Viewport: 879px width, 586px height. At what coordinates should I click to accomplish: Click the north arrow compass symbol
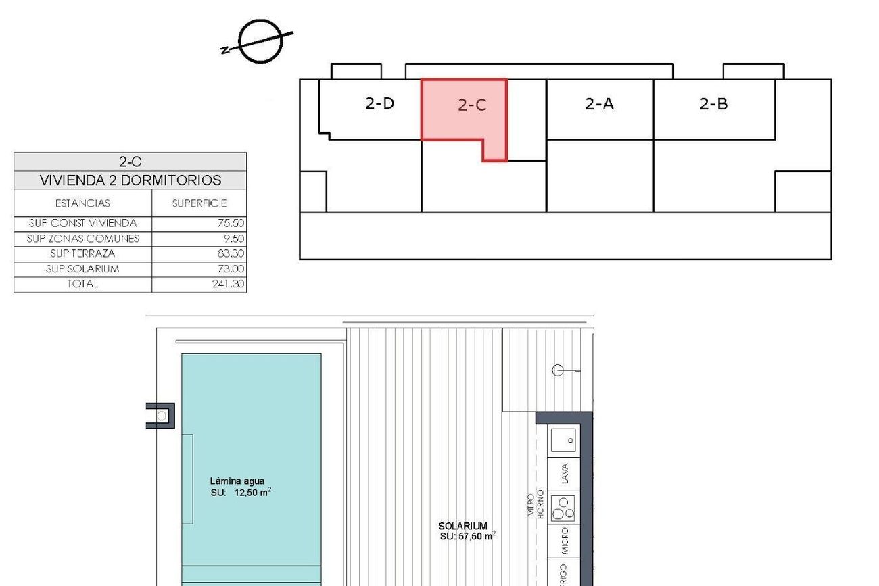(260, 41)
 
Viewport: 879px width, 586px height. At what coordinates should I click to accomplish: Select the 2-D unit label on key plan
(379, 103)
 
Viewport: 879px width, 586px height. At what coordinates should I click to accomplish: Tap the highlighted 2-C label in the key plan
(472, 105)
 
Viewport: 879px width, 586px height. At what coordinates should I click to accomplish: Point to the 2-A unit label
(599, 104)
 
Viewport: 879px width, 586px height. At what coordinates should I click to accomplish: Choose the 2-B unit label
(713, 104)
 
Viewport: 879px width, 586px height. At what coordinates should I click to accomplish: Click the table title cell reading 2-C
(130, 162)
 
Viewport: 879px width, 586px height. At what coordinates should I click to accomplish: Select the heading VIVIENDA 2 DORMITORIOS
(130, 180)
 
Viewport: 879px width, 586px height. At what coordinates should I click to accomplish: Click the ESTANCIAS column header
(82, 203)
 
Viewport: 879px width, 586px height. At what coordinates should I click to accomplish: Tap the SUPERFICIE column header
(199, 203)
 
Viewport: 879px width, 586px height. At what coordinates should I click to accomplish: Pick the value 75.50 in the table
(231, 223)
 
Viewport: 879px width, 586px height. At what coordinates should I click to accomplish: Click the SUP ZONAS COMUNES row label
(82, 239)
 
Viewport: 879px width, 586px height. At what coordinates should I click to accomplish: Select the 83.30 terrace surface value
(231, 253)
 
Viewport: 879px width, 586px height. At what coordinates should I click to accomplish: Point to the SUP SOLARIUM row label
(82, 269)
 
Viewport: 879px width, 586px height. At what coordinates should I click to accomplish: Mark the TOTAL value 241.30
(228, 284)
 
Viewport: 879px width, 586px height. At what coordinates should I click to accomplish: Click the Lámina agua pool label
(237, 481)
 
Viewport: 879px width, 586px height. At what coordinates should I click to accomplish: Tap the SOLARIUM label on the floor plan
(462, 526)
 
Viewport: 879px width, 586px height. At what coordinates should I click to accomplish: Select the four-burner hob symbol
(563, 508)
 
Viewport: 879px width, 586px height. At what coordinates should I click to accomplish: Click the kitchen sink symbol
(563, 440)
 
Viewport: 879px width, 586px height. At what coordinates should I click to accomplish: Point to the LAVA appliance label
(565, 473)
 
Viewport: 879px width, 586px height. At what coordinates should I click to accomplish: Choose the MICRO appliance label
(565, 541)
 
